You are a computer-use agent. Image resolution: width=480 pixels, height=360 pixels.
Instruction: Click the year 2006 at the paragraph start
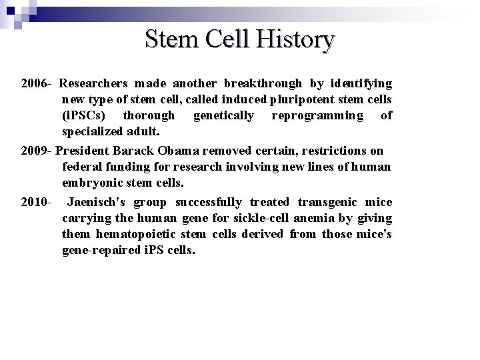coord(34,84)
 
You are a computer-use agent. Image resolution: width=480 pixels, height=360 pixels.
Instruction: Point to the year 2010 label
coord(34,203)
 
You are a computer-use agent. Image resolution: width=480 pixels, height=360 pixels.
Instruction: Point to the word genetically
coord(223,116)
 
